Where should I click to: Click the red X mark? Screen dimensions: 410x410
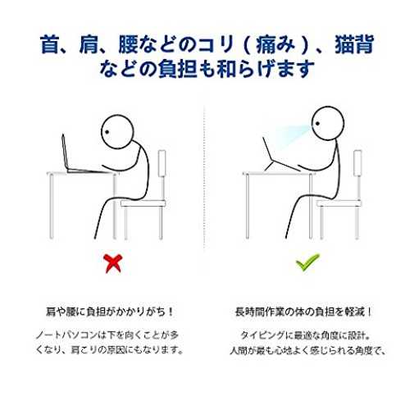click(113, 263)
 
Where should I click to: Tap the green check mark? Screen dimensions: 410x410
click(307, 262)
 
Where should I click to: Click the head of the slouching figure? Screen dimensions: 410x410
click(118, 132)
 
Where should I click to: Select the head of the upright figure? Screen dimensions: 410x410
click(328, 123)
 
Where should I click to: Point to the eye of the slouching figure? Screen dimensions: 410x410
click(107, 132)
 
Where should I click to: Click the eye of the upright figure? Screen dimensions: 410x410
click(317, 124)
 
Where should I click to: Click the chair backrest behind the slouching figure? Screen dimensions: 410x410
click(162, 163)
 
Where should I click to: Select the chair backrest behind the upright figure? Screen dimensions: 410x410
click(358, 163)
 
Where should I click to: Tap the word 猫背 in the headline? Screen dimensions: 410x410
click(354, 43)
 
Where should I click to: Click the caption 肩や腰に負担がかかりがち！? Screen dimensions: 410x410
click(109, 312)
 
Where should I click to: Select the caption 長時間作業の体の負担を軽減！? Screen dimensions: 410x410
click(303, 312)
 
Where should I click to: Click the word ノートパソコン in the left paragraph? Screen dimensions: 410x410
click(67, 335)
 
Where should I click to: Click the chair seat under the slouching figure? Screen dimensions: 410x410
click(143, 203)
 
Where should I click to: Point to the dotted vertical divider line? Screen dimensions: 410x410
click(205, 178)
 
